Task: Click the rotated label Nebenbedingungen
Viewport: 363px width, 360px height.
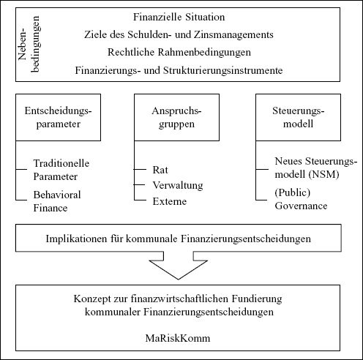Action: tap(29, 44)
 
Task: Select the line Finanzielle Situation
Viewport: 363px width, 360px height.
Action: tap(179, 17)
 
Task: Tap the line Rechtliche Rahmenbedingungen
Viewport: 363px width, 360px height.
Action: tap(179, 52)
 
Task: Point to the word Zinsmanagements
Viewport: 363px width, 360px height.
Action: tap(233, 34)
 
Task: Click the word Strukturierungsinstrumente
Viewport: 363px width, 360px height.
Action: tap(222, 70)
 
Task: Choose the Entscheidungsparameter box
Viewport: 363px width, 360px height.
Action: tap(58, 117)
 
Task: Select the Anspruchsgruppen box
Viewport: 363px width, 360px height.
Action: tap(176, 117)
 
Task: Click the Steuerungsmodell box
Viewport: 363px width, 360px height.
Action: tap(298, 117)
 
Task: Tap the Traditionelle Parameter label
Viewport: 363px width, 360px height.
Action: tap(61, 170)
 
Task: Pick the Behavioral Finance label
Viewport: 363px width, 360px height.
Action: tap(57, 201)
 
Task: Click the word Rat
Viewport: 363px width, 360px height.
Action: tap(160, 170)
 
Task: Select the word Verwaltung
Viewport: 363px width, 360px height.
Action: tap(178, 185)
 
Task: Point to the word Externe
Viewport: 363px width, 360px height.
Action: tap(170, 201)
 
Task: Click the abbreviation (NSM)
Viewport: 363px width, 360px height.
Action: tap(323, 174)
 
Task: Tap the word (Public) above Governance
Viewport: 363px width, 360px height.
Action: tap(293, 192)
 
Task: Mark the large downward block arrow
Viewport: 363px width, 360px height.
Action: tap(179, 265)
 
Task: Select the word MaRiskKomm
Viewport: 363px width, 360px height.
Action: tap(178, 338)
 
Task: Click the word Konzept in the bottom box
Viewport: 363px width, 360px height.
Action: tap(92, 299)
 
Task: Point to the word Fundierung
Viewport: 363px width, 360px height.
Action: tap(257, 299)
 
